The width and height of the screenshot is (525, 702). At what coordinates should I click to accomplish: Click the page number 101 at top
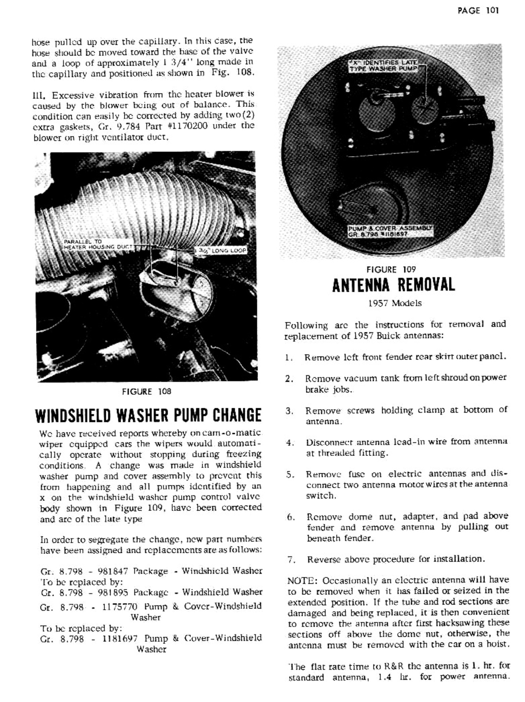click(491, 10)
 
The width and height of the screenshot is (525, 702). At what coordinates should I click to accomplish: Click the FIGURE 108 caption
click(146, 392)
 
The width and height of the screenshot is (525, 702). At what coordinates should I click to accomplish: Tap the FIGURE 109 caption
click(391, 269)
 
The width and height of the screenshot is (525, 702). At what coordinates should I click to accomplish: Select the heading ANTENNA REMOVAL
click(393, 285)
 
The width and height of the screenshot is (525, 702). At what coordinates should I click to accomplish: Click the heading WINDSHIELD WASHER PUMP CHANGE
click(148, 415)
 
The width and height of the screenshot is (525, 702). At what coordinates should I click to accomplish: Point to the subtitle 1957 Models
click(394, 303)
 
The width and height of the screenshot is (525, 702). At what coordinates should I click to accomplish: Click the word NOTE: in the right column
click(303, 581)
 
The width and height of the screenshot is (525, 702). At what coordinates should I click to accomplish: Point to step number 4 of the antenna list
click(290, 442)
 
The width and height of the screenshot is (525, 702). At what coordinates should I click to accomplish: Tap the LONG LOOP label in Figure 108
click(220, 251)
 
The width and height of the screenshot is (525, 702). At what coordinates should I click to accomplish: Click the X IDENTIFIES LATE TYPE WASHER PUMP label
click(384, 66)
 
